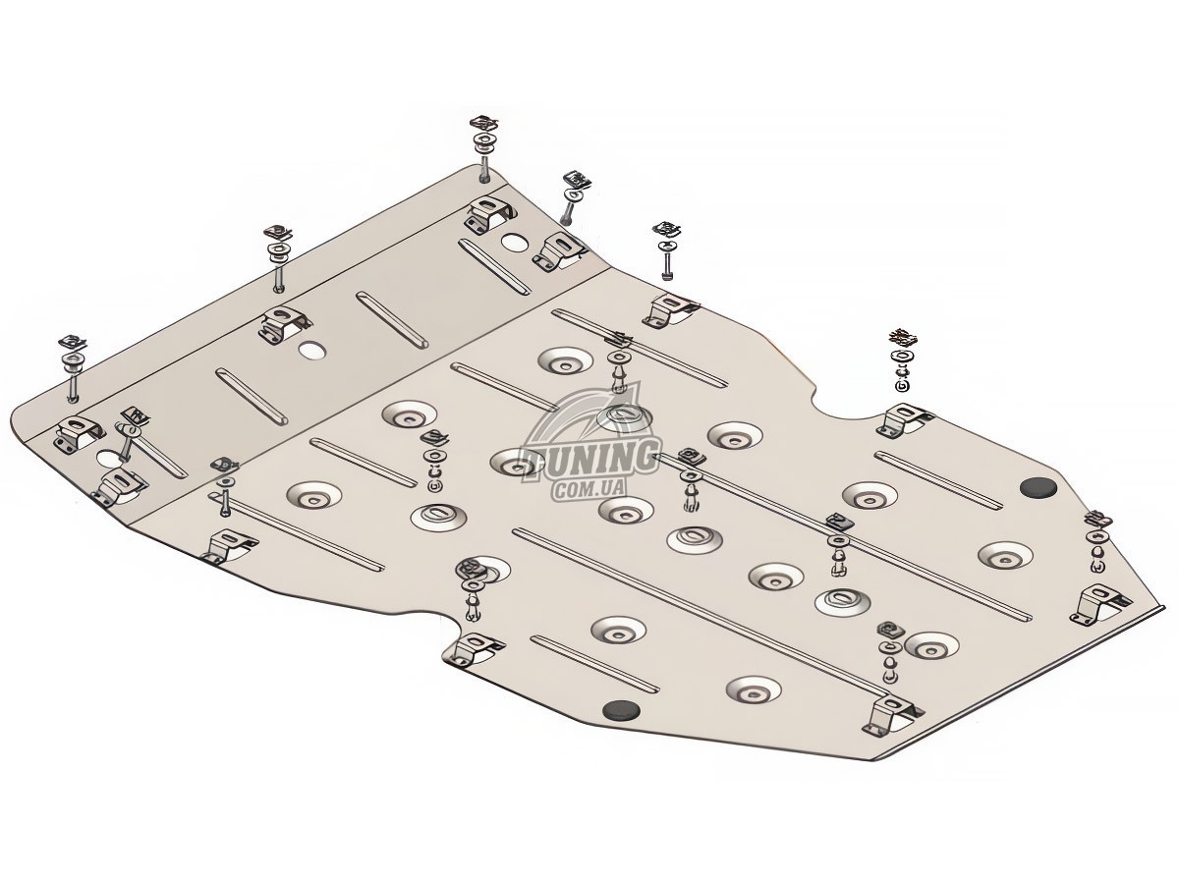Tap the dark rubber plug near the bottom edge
click(622, 711)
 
